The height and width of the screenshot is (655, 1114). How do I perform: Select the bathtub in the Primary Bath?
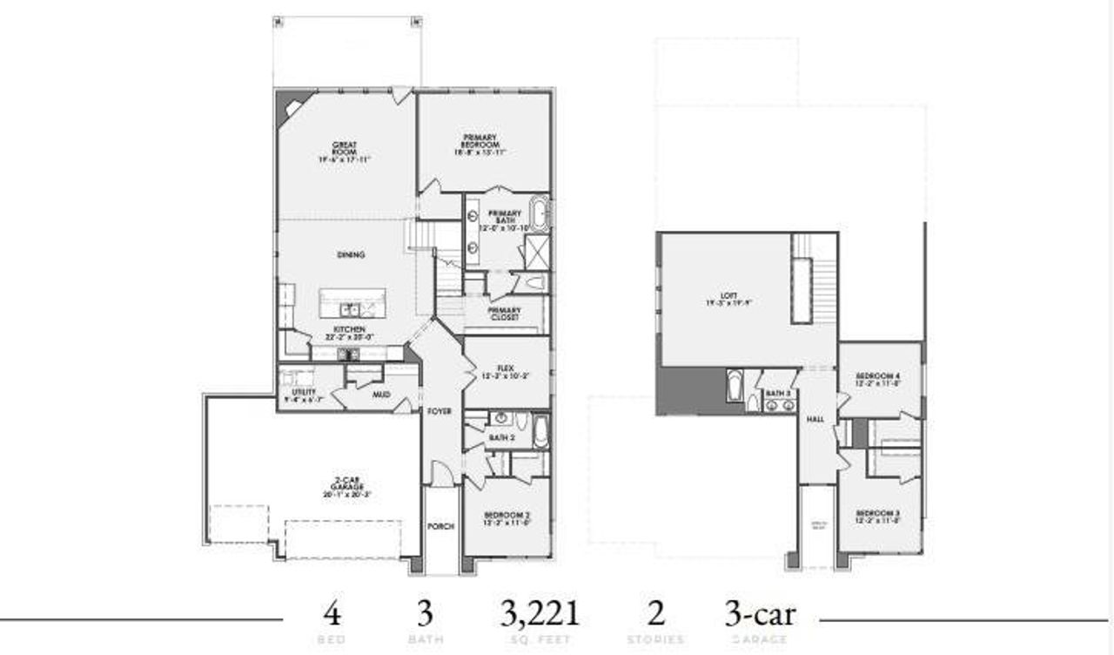coord(539,213)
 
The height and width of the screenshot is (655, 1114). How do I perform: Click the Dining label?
coord(351,255)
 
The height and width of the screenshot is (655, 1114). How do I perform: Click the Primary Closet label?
coord(504,314)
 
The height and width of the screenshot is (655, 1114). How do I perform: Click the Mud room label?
coord(380,395)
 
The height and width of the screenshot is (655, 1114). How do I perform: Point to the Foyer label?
coord(440,410)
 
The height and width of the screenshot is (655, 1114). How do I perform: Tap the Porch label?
coord(441,526)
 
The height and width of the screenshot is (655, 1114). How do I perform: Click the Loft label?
coord(717,299)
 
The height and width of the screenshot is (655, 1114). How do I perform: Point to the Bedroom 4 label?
coord(879,378)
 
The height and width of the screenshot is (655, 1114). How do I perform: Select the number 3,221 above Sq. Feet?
coord(540,614)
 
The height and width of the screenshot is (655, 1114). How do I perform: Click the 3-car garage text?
coord(760,614)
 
